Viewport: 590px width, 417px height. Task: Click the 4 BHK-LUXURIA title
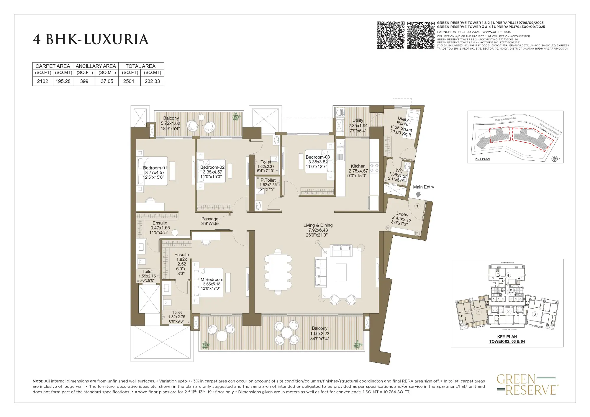pyautogui.click(x=91, y=40)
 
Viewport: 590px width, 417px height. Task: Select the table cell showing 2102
pyautogui.click(x=42, y=81)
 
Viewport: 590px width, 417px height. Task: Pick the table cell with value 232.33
pyautogui.click(x=152, y=81)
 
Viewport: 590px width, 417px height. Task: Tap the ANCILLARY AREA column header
pyautogui.click(x=96, y=66)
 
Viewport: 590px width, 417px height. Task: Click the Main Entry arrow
pyautogui.click(x=418, y=195)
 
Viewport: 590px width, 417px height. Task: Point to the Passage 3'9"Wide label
pyautogui.click(x=210, y=221)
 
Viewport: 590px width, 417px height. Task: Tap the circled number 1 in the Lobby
pyautogui.click(x=417, y=206)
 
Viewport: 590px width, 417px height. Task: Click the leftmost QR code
pyautogui.click(x=391, y=35)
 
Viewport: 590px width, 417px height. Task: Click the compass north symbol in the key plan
pyautogui.click(x=555, y=159)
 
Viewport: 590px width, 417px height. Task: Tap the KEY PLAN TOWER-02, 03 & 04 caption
pyautogui.click(x=507, y=339)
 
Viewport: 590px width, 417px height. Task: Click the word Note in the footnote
pyautogui.click(x=38, y=381)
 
